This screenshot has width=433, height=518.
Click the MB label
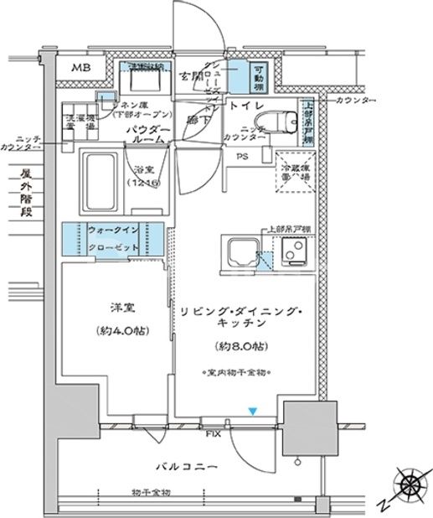80,68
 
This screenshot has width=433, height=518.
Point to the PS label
241,156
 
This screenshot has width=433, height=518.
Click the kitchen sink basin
238,251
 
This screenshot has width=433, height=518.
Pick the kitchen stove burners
294,251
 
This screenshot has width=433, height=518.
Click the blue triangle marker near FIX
251,411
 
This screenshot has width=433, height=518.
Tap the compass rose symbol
410,485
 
